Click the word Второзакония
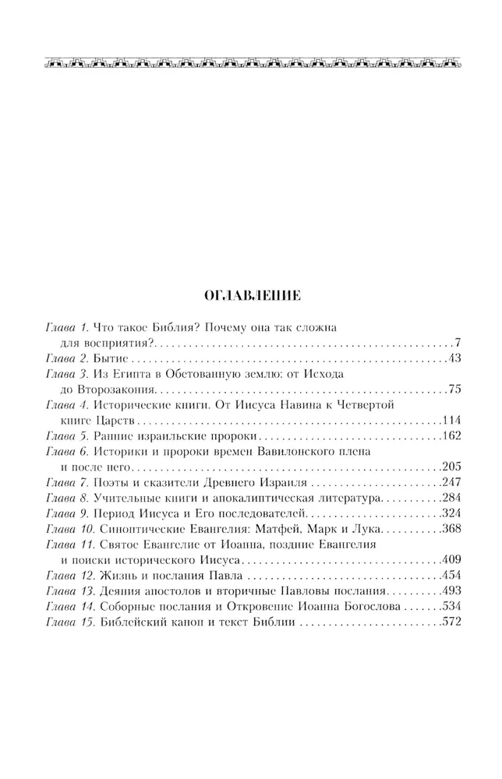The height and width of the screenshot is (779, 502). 118,389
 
